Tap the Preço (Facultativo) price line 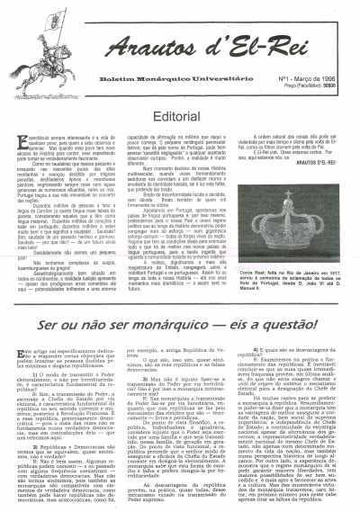pyautogui.click(x=298, y=62)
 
